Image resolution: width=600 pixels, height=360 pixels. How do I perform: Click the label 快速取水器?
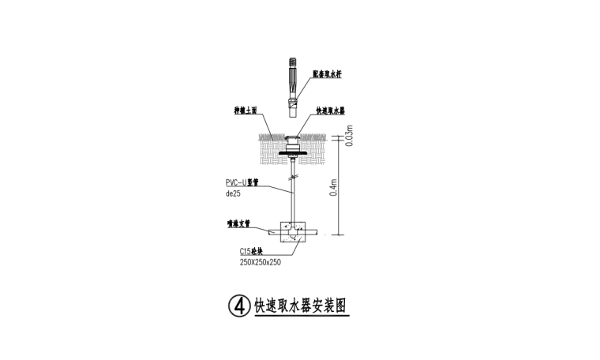[329, 111]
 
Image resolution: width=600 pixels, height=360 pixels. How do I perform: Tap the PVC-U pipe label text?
[242, 182]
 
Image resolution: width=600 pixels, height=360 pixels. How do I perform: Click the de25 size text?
[233, 192]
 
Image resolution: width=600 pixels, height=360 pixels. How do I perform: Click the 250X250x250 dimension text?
[261, 261]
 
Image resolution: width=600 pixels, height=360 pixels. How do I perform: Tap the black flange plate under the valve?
[293, 152]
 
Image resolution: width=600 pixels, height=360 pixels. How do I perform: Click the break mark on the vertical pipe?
[293, 190]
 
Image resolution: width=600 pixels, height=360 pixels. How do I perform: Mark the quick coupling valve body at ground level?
[293, 141]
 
